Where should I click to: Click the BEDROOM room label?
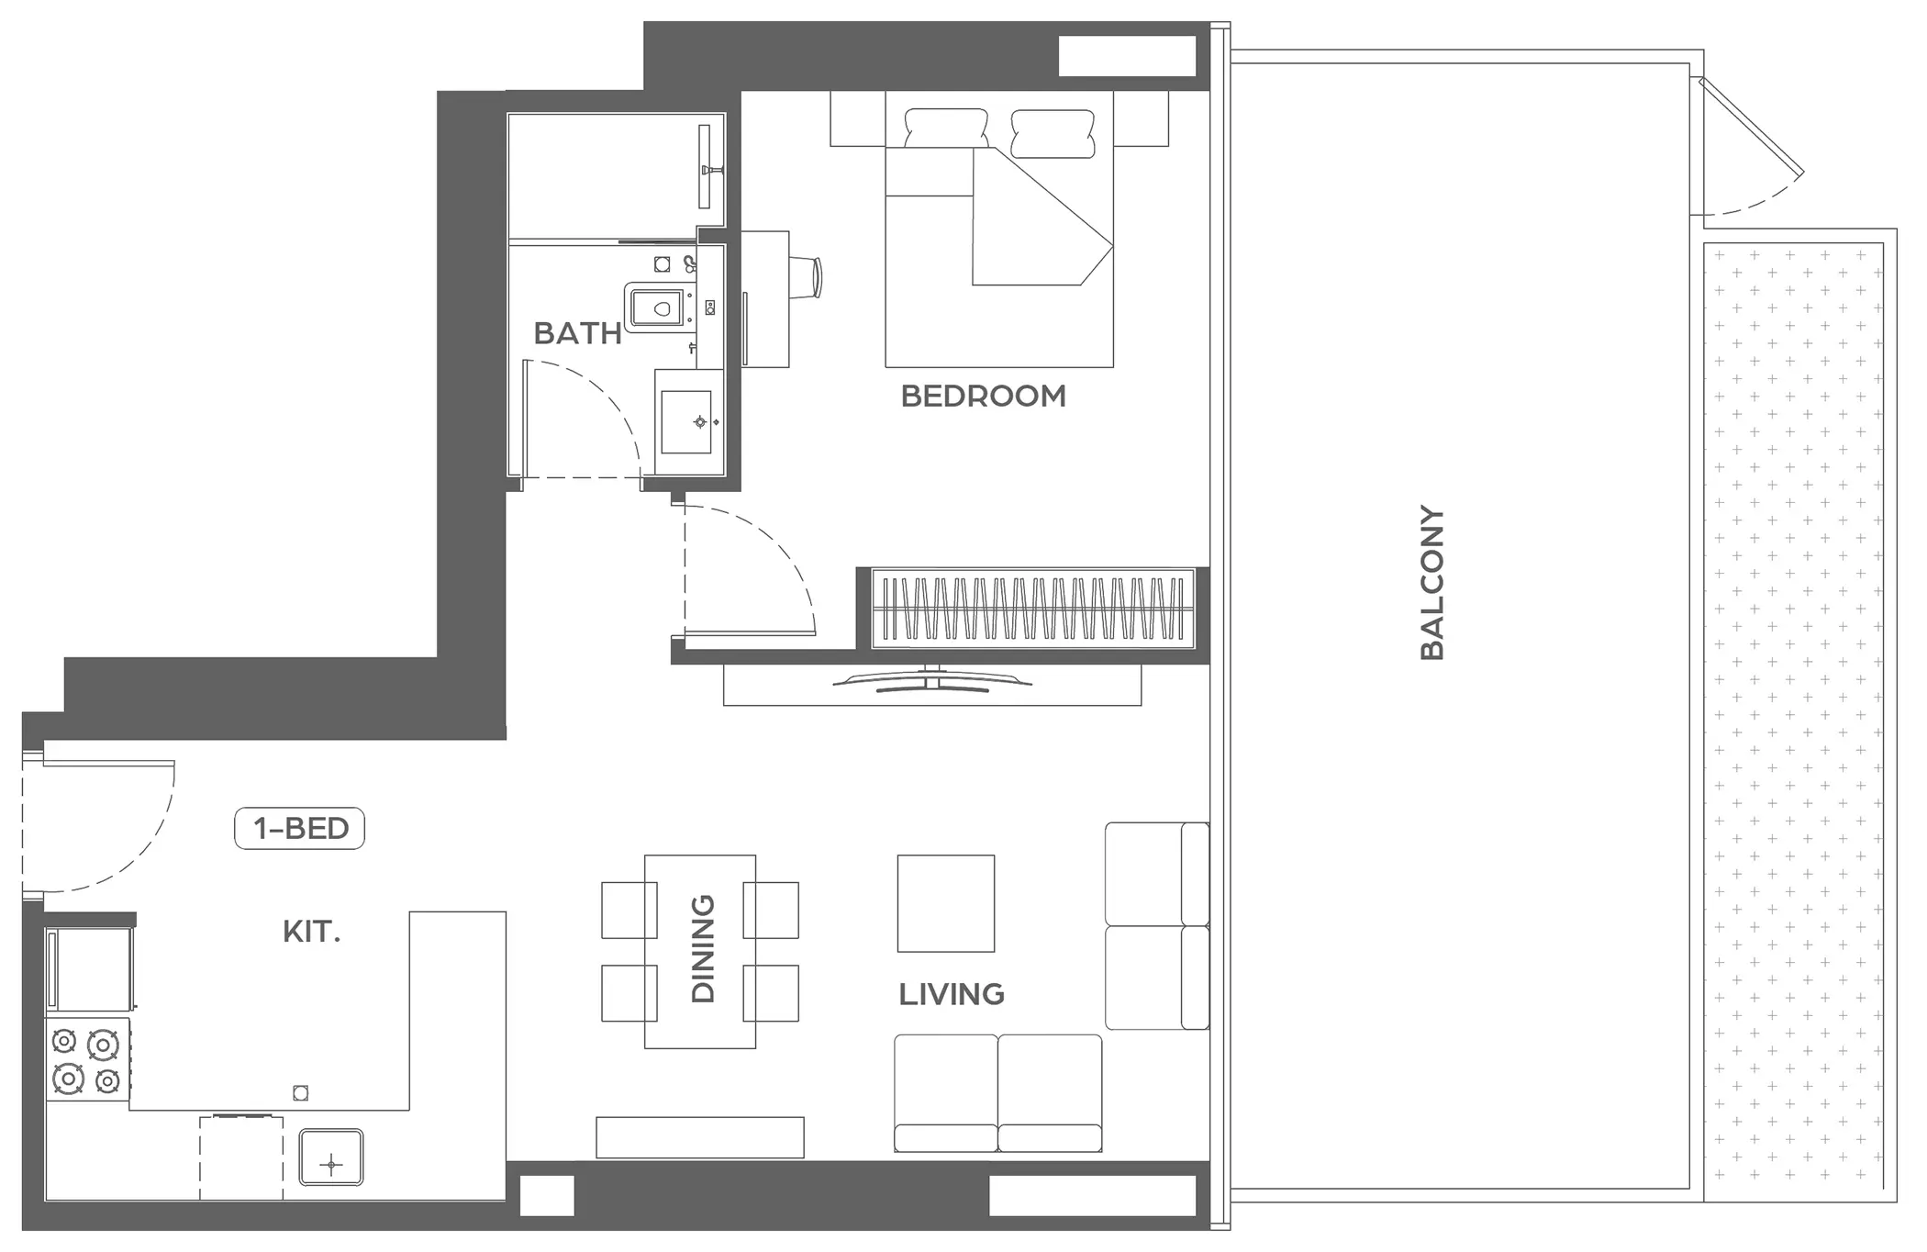(983, 397)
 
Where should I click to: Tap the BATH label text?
(577, 333)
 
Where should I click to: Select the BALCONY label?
(1432, 582)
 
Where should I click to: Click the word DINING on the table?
(702, 948)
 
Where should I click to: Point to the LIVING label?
(952, 994)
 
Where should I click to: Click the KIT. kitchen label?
(311, 932)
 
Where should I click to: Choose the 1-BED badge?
(300, 828)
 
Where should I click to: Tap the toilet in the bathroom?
(658, 307)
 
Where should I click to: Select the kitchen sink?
(331, 1157)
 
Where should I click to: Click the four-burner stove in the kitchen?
(86, 1061)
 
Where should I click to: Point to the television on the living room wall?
(932, 680)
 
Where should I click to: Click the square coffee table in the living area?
(946, 903)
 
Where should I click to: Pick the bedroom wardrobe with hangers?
(1032, 608)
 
